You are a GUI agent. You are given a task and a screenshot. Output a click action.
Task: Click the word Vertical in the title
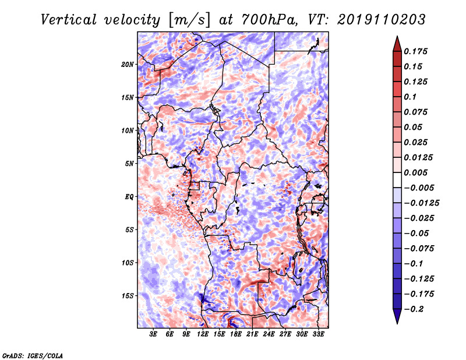click(69, 20)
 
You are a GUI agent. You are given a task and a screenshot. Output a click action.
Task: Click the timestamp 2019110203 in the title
click(382, 20)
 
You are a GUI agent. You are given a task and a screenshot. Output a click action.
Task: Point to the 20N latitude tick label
click(128, 65)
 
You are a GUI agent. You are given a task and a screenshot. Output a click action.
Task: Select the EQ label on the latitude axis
click(129, 197)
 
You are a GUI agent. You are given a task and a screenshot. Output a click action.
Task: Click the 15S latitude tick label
click(128, 296)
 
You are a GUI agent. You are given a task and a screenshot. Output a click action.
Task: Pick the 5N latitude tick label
click(129, 164)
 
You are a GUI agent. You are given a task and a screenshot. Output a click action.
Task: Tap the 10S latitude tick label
click(128, 263)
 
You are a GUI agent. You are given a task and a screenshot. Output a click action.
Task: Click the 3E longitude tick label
click(153, 334)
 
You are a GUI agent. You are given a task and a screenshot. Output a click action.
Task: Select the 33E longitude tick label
click(318, 334)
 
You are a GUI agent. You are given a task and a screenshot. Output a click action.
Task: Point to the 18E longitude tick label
click(236, 334)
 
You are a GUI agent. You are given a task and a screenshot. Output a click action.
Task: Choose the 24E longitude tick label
click(269, 334)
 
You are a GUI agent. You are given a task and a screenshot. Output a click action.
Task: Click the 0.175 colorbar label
click(416, 51)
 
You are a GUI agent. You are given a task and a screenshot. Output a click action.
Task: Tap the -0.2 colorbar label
click(414, 309)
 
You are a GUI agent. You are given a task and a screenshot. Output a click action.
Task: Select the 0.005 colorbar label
click(416, 172)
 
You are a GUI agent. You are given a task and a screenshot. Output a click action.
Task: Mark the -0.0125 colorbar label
click(421, 203)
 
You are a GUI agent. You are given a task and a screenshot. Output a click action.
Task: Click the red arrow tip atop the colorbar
click(397, 37)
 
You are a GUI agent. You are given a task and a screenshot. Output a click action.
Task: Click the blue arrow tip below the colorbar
click(397, 323)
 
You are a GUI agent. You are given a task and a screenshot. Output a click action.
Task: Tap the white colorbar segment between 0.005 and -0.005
click(397, 180)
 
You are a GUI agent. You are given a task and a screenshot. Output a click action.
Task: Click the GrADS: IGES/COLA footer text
click(33, 355)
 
